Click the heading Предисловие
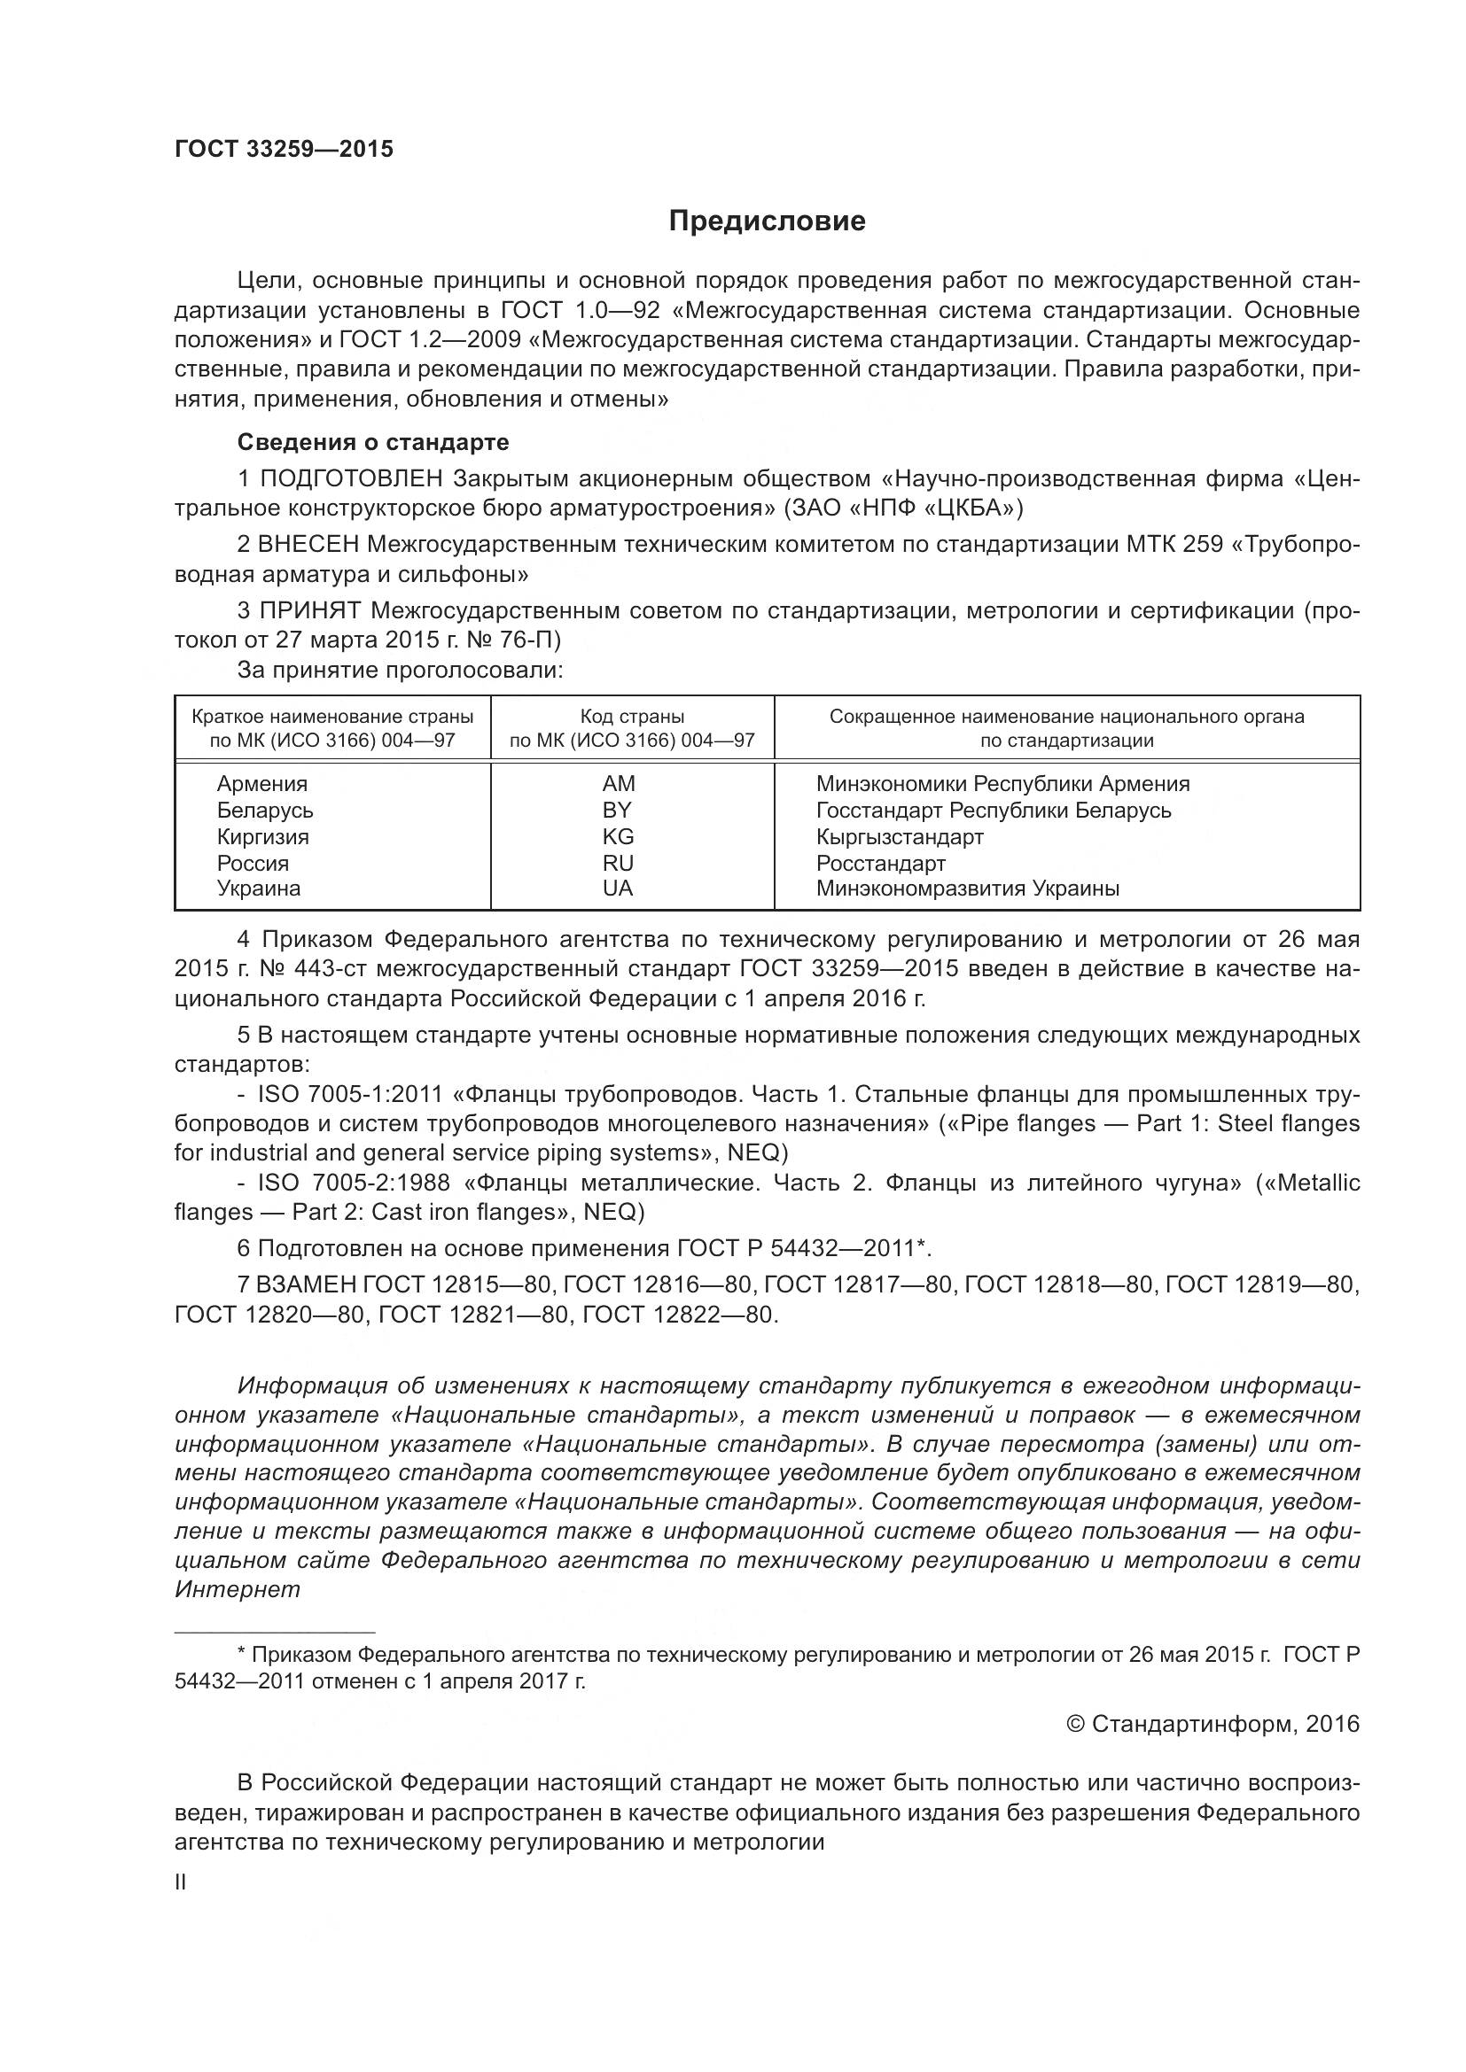click(x=767, y=221)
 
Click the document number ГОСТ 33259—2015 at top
click(x=284, y=149)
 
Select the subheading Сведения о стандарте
click(x=373, y=442)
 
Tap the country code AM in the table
click(x=619, y=783)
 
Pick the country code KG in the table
click(x=619, y=835)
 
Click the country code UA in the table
click(x=619, y=888)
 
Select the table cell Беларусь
click(x=264, y=810)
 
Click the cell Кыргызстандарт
click(x=899, y=835)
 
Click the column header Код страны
click(x=632, y=717)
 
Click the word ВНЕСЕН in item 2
click(x=308, y=544)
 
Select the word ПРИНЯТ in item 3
click(x=308, y=610)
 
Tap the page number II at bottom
click(x=181, y=1882)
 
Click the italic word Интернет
click(x=238, y=1589)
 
